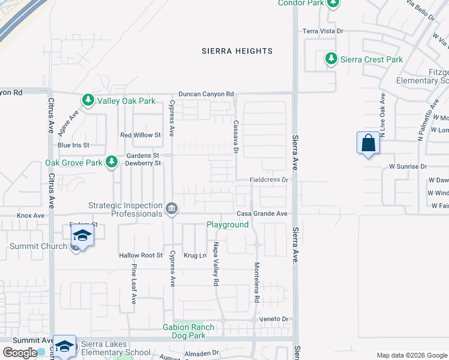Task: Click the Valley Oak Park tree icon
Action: pyautogui.click(x=88, y=100)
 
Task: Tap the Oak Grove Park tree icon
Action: pyautogui.click(x=111, y=161)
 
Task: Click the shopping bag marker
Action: pyautogui.click(x=368, y=143)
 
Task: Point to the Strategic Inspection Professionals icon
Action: pyautogui.click(x=172, y=209)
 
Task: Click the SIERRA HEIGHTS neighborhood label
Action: pyautogui.click(x=237, y=51)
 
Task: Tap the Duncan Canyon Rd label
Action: pyautogui.click(x=205, y=94)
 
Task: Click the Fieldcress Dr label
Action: pyautogui.click(x=270, y=179)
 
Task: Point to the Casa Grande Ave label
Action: pyautogui.click(x=262, y=214)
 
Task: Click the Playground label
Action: pyautogui.click(x=228, y=224)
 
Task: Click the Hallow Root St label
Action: pyautogui.click(x=141, y=255)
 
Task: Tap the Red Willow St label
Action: pyautogui.click(x=140, y=135)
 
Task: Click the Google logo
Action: pyautogui.click(x=20, y=353)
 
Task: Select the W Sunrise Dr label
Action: pyautogui.click(x=408, y=166)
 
